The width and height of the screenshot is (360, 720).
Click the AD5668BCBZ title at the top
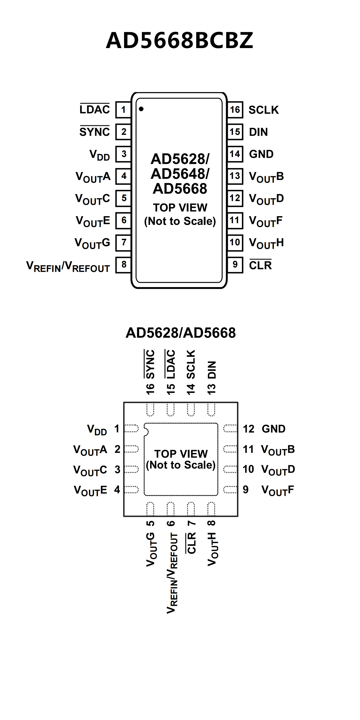[180, 40]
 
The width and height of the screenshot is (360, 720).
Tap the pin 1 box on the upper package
[123, 109]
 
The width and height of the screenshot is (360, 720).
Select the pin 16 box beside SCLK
[235, 109]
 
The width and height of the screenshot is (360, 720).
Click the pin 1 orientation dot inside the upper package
[141, 109]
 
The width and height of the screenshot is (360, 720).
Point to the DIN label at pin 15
[258, 132]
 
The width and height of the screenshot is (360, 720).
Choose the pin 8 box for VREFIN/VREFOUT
[124, 264]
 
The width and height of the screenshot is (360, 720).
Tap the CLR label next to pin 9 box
[260, 265]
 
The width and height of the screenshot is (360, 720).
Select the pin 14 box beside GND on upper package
[235, 154]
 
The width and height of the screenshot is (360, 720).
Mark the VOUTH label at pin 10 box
[266, 243]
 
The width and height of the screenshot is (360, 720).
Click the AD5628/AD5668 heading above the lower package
[181, 333]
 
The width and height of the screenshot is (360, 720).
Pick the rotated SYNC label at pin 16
[150, 364]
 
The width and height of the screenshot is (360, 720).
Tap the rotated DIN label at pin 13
[212, 370]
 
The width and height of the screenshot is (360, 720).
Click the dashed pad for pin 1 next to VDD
[131, 429]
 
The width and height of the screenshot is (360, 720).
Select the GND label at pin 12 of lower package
[273, 429]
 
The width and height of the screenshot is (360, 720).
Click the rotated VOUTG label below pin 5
[151, 549]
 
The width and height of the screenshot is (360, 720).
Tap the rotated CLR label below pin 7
[191, 543]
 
